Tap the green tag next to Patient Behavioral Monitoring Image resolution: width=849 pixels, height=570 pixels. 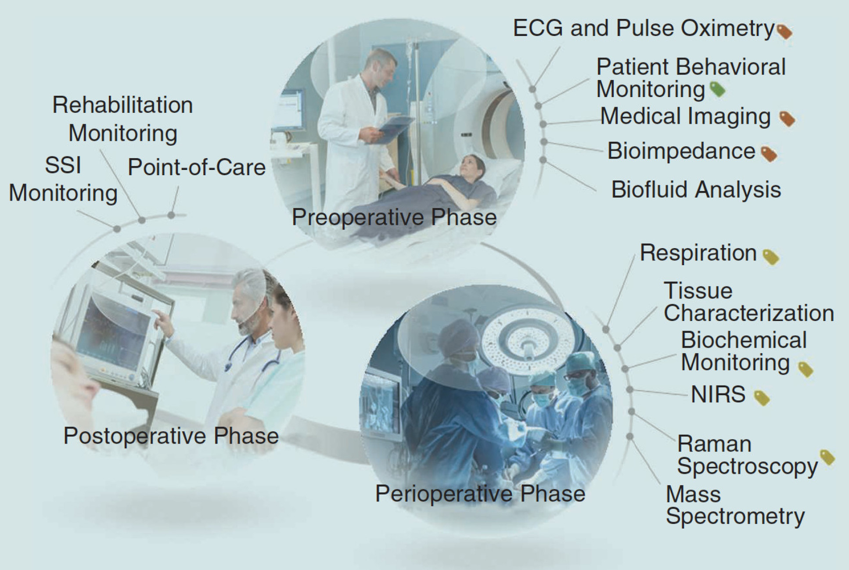click(718, 90)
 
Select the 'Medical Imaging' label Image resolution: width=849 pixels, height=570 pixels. click(685, 117)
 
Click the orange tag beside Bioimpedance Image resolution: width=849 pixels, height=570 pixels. click(769, 154)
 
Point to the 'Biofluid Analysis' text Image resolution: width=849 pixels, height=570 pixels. click(696, 190)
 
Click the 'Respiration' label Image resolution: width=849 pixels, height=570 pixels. click(698, 253)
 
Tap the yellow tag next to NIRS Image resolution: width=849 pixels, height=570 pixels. click(762, 398)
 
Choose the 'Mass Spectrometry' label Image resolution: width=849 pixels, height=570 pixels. click(735, 505)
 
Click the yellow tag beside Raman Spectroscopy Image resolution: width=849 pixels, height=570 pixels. click(827, 458)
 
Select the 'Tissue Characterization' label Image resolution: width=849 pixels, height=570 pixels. click(749, 302)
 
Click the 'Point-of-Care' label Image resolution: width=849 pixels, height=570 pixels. click(197, 167)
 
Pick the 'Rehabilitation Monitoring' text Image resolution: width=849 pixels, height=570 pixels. click(122, 119)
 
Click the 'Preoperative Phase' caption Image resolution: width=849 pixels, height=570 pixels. click(394, 217)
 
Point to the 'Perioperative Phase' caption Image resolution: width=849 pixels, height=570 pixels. click(480, 494)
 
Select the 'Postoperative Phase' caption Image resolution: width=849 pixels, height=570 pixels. click(171, 436)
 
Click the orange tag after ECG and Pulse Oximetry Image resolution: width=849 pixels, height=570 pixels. click(784, 32)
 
